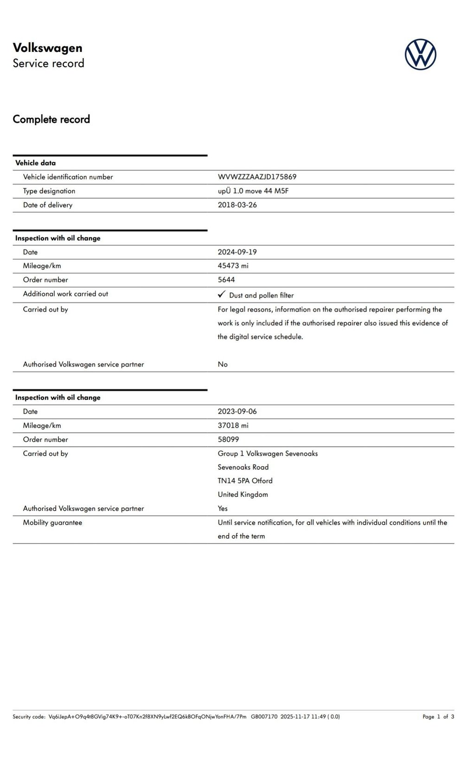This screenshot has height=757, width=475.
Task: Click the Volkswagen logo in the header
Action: tap(420, 54)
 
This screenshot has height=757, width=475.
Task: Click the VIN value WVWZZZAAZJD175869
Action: tap(257, 177)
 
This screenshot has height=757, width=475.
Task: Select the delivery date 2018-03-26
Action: tap(237, 205)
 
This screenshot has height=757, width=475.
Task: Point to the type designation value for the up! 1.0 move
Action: tap(253, 191)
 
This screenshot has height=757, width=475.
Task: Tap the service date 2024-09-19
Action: tap(237, 252)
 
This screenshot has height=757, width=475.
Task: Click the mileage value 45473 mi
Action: tap(233, 266)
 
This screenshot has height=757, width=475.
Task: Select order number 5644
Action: tap(226, 280)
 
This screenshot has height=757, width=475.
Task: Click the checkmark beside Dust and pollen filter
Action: tap(222, 295)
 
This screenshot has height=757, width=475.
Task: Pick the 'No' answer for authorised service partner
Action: tap(223, 364)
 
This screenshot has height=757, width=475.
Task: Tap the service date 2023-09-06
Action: tap(237, 411)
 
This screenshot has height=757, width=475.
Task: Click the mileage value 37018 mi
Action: tap(233, 425)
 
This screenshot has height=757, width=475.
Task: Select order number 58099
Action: tap(228, 439)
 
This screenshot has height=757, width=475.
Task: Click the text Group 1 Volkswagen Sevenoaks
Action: tap(268, 454)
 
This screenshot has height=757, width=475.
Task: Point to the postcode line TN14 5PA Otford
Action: tap(245, 481)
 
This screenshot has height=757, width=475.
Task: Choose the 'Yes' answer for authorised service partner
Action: tap(223, 508)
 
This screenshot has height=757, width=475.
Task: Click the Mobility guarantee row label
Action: tap(52, 522)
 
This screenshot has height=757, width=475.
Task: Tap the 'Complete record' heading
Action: tap(51, 119)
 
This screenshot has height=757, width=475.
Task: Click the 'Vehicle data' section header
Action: tap(35, 163)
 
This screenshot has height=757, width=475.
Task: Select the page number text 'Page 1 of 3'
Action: tap(438, 717)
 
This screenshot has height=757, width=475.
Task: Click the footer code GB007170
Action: tap(264, 717)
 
